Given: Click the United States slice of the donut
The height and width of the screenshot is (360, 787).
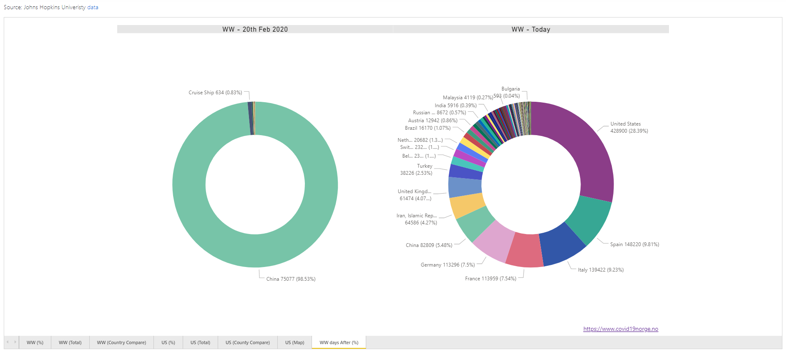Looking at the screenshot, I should (584, 150).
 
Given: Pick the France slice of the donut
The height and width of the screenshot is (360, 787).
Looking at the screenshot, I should (524, 250).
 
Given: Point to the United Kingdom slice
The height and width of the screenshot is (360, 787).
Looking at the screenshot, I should (465, 187).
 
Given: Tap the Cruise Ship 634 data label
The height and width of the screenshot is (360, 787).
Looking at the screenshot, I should (215, 93).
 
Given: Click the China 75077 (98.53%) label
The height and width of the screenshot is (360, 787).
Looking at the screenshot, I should (291, 279).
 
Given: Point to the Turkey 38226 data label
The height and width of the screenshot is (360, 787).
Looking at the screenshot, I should (416, 169).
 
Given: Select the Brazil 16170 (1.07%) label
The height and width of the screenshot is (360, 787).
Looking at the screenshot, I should (427, 128).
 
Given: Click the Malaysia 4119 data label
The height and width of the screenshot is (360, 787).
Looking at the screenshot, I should (468, 98).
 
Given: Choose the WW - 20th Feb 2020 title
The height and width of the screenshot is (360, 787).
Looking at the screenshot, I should (255, 29).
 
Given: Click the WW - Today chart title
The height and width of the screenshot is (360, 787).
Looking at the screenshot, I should (531, 29).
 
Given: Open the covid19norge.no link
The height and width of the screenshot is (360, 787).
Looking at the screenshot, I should (621, 329).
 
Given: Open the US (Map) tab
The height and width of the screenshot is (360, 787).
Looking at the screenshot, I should (294, 342).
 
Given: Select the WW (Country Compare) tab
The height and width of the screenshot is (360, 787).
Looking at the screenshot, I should (121, 342).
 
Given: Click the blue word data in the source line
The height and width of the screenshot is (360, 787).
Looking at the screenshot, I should (93, 7).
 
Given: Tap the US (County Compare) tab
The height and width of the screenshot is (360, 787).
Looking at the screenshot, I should (247, 342).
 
